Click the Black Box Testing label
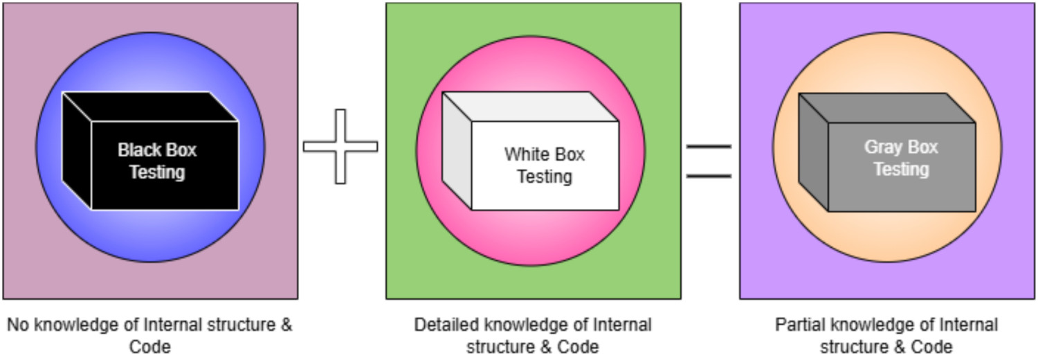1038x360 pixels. pos(157,161)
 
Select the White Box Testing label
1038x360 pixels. pos(545,165)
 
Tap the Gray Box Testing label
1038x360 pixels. pos(900,158)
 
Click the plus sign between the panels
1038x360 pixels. pos(340,146)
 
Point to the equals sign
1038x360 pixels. pos(709,161)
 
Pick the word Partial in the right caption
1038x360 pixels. pos(794,325)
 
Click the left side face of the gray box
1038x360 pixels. pos(813,152)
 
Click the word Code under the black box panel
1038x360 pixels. pos(150,346)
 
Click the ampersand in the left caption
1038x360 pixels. pos(286,325)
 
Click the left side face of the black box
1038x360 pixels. pos(76,151)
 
